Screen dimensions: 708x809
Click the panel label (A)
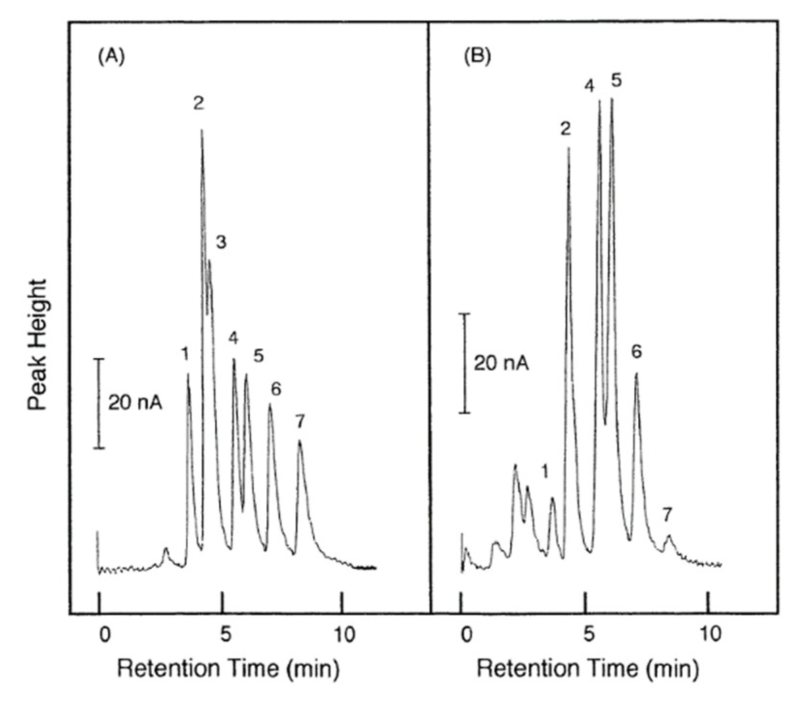(111, 57)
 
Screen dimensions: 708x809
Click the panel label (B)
(477, 57)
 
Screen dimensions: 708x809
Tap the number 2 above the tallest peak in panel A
(198, 103)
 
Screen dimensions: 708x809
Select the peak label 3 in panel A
(221, 242)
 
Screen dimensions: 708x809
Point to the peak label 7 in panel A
(300, 422)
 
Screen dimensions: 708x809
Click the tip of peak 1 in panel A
(188, 374)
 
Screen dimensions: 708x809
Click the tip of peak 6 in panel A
(270, 404)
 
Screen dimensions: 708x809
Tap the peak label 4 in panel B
(589, 86)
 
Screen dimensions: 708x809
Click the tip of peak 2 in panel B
(568, 148)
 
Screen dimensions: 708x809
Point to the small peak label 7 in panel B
(667, 515)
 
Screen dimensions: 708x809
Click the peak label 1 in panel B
(545, 471)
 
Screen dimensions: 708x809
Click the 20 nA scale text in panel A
(135, 403)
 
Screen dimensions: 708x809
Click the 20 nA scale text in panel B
(501, 362)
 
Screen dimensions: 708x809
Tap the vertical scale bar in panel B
(465, 363)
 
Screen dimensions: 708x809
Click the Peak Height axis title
(37, 345)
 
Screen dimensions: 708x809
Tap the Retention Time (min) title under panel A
(228, 668)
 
